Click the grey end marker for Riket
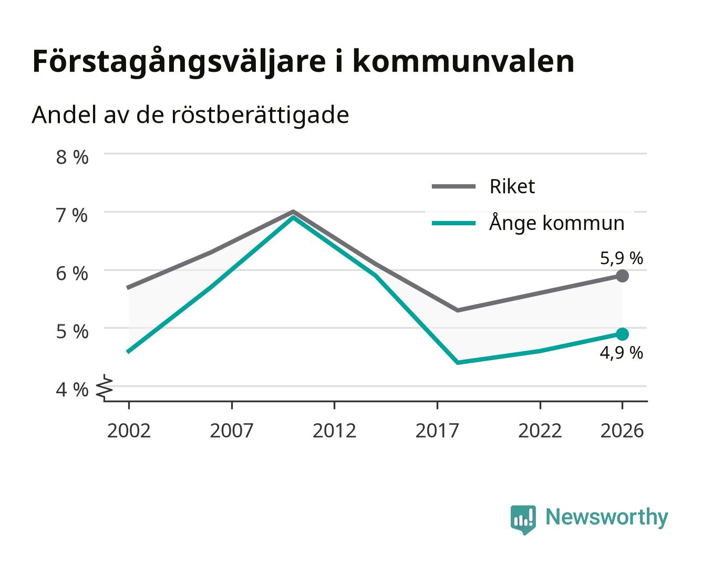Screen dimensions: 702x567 (x=622, y=276)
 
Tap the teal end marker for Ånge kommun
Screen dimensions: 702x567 (x=622, y=334)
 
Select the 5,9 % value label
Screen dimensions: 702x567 (x=621, y=258)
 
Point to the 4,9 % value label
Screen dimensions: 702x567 (x=621, y=353)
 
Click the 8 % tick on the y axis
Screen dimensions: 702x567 (x=72, y=157)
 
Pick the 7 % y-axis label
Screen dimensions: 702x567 (x=72, y=215)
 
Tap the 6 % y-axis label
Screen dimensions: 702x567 (x=72, y=274)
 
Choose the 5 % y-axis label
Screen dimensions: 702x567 (x=72, y=331)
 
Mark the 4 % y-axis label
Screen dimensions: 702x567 (x=72, y=390)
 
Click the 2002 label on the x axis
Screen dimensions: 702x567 (x=129, y=430)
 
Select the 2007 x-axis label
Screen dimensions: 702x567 (x=232, y=430)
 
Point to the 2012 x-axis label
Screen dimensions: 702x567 (x=335, y=430)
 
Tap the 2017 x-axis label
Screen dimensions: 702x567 (x=437, y=430)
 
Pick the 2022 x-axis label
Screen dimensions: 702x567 (x=540, y=430)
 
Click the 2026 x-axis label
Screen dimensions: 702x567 (x=622, y=430)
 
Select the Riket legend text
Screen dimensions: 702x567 (x=512, y=186)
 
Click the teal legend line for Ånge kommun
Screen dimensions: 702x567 (x=453, y=223)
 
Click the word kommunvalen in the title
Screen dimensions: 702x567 (x=464, y=61)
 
